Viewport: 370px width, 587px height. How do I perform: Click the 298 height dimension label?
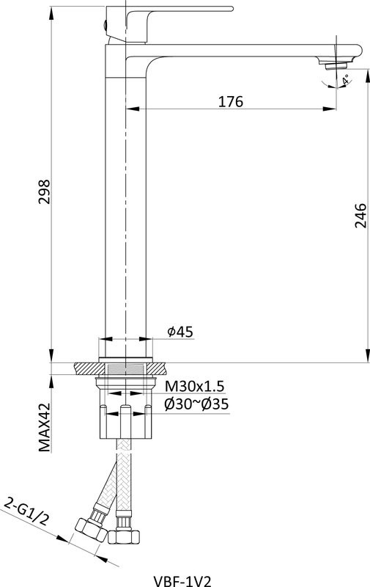tap(44, 192)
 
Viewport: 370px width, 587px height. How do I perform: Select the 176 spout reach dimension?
tap(231, 101)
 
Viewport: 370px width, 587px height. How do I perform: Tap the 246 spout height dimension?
tap(360, 215)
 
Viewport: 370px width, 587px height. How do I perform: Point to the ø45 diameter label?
tap(180, 332)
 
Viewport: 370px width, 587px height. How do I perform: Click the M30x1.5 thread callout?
tap(195, 385)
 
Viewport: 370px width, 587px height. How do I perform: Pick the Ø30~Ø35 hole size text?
tap(196, 404)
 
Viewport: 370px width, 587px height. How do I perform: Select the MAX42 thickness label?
tap(45, 427)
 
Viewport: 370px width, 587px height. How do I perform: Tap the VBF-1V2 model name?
tap(182, 581)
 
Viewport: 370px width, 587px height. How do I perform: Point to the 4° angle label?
tap(346, 79)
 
